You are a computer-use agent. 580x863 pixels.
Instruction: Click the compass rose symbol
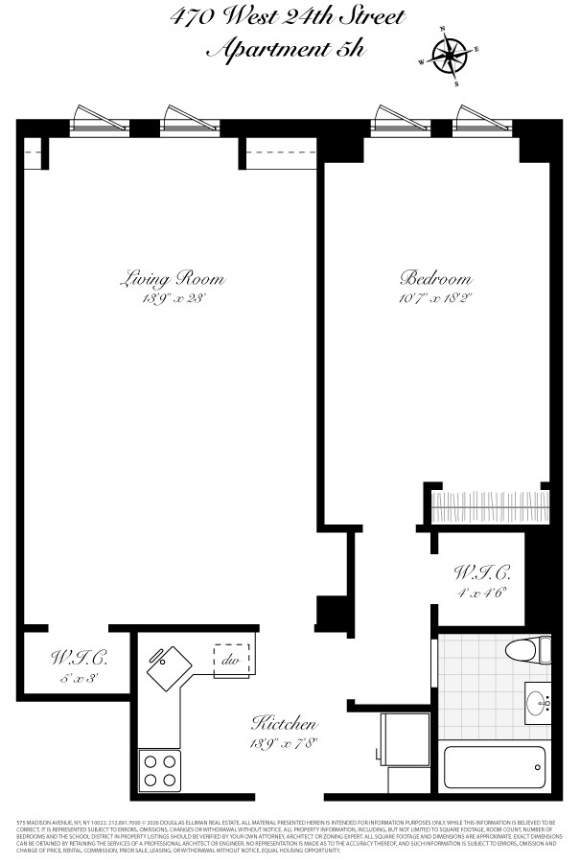coord(449,55)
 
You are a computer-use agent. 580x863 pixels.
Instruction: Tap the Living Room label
coord(172,279)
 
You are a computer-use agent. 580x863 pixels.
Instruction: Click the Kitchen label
coord(284,722)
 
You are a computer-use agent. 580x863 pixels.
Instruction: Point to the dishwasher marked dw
coord(231,661)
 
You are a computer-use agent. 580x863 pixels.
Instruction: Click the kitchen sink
coord(168,664)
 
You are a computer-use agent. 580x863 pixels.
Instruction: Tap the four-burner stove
coord(159,769)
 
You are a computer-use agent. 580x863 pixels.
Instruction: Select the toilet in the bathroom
coord(528,649)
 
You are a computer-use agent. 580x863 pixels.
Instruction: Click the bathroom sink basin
coord(539,703)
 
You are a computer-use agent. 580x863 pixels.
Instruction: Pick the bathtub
coord(497,767)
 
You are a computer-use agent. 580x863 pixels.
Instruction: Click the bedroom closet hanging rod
coord(489,504)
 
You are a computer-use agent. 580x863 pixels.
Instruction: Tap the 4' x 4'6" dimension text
coord(481,593)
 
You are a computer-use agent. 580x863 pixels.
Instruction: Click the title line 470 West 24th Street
coord(288,18)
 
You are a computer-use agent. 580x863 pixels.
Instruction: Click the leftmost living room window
coord(100,120)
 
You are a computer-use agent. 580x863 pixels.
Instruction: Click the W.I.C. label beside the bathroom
coord(481,573)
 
